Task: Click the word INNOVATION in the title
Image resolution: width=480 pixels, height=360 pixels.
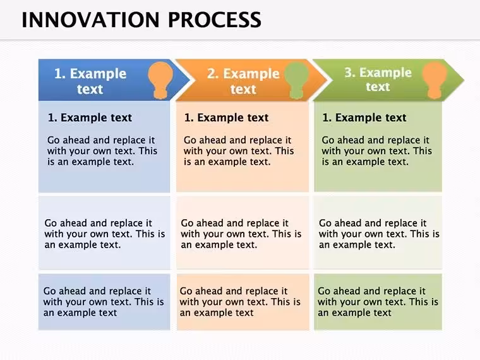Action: (x=90, y=20)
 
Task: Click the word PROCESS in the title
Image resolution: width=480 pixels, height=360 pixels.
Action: (x=215, y=20)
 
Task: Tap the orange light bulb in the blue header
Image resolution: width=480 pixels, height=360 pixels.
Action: (x=160, y=80)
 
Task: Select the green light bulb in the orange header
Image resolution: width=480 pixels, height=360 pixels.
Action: (x=296, y=80)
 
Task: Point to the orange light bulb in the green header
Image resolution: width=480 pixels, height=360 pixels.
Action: (x=435, y=80)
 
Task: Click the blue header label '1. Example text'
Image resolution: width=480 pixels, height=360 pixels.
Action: (x=90, y=81)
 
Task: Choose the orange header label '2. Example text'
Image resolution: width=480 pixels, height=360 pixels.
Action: (x=243, y=81)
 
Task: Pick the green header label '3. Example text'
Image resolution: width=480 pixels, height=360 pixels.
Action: (x=378, y=80)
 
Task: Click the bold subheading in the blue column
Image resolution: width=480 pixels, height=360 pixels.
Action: (x=90, y=117)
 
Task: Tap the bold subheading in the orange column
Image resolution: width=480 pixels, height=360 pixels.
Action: (x=227, y=117)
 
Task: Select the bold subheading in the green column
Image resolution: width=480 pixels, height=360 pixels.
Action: (x=364, y=117)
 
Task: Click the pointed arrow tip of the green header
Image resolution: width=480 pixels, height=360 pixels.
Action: (x=464, y=80)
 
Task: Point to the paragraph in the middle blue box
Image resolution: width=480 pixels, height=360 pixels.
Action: (x=105, y=234)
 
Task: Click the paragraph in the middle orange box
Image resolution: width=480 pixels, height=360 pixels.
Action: (x=241, y=234)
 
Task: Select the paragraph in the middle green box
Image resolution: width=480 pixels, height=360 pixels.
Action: (x=380, y=234)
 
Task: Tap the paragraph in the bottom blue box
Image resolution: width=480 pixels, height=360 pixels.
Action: (x=104, y=302)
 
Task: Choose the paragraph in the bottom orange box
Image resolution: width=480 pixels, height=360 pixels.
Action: (x=240, y=302)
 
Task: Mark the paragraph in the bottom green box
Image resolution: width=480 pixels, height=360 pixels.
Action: (x=378, y=302)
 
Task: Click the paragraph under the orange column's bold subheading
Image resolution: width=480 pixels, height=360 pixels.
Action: (x=239, y=151)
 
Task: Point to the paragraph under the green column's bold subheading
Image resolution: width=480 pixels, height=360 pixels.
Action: (x=377, y=151)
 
